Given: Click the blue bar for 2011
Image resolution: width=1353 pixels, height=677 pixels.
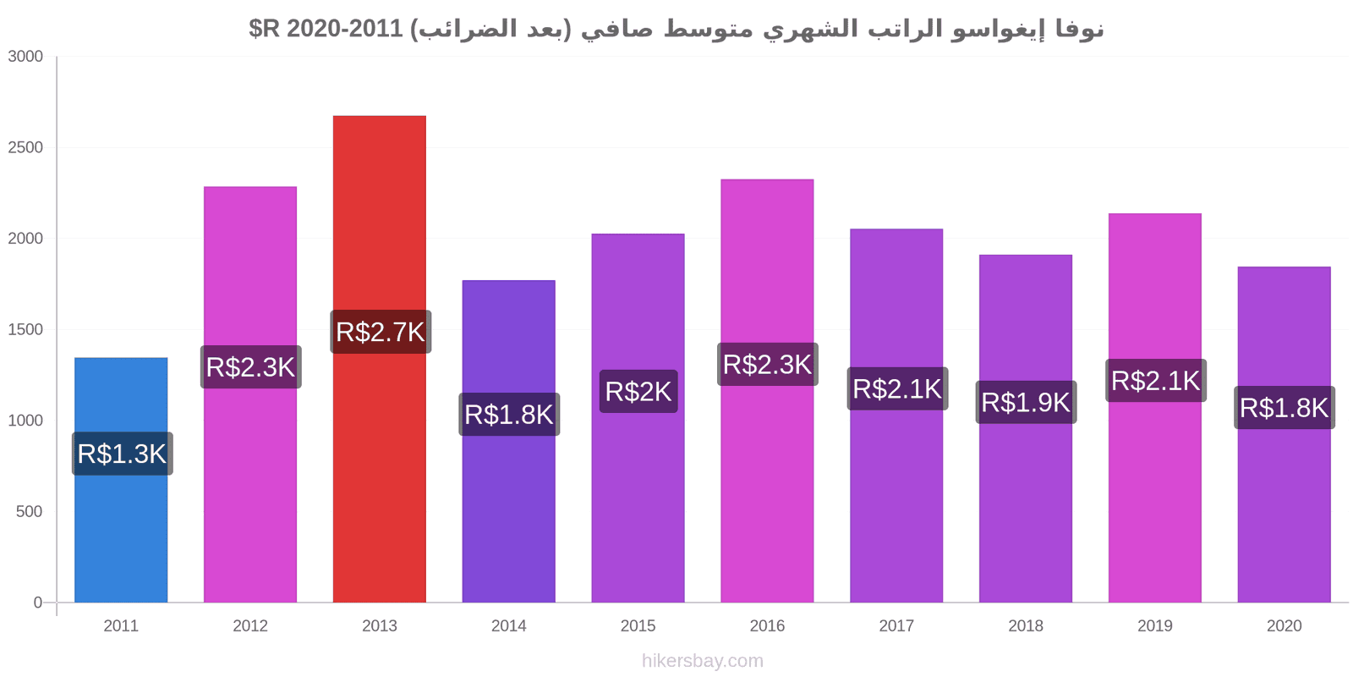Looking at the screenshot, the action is [121, 480].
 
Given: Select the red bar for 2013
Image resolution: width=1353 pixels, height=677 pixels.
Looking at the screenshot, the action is [380, 359].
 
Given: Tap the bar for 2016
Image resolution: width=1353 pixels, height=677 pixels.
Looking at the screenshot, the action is [767, 391].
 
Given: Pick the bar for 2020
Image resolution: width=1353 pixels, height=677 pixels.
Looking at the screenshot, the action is [1285, 435].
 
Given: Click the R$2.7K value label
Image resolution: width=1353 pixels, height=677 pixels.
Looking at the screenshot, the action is [381, 332].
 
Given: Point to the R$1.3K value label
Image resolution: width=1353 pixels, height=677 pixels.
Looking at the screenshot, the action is [123, 454].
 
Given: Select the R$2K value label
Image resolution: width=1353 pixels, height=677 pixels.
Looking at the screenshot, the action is [638, 392].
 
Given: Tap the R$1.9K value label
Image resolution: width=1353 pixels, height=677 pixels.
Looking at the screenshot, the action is [1027, 403].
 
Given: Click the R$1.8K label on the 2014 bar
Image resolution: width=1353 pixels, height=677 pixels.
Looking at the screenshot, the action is [509, 415].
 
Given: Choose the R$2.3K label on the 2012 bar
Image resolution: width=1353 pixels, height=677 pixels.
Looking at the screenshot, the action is [250, 367].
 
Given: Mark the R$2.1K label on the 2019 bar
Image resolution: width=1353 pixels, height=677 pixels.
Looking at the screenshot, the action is [1156, 381].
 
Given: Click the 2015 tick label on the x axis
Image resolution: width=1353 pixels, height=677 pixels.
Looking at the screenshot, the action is [638, 626].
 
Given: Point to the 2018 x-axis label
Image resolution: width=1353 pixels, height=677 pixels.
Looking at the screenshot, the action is [1026, 626].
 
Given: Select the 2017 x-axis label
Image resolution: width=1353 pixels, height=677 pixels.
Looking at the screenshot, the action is [896, 626].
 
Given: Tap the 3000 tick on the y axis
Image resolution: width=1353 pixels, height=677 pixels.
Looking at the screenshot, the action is [25, 57].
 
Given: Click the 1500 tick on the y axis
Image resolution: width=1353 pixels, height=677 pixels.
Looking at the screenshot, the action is [25, 330].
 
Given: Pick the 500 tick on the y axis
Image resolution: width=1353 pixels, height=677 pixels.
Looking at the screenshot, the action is [29, 512].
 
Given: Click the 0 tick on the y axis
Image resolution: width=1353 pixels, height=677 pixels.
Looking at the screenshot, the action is [38, 603].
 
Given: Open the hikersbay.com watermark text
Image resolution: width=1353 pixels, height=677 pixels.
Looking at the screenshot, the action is [703, 661].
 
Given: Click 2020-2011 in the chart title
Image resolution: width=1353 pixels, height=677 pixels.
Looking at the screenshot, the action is [344, 29].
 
